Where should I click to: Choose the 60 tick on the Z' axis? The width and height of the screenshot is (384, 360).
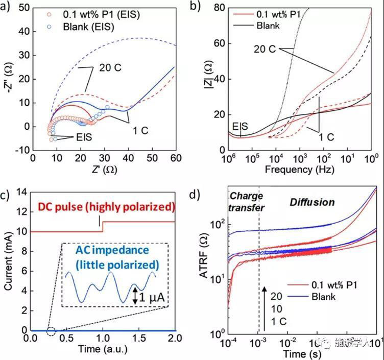(175, 158)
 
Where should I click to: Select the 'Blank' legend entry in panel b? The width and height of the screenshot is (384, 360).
(269, 25)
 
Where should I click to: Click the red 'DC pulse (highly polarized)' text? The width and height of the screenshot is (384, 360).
(107, 207)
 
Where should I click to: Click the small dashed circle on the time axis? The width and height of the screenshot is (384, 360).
(51, 331)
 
